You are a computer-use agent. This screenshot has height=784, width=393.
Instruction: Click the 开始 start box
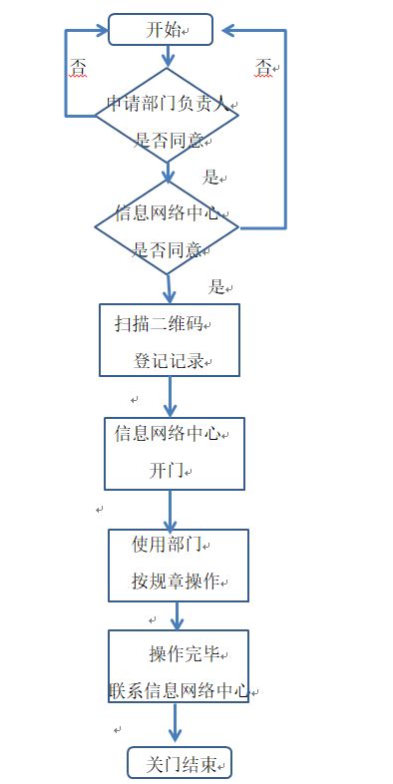pos(161,30)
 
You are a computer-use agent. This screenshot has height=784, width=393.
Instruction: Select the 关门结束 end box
pos(179,764)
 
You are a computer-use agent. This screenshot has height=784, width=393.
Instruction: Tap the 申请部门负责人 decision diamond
pos(167,121)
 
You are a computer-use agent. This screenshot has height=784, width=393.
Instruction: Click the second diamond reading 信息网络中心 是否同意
pos(167,229)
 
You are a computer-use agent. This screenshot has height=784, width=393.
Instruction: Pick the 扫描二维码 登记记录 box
pos(170,339)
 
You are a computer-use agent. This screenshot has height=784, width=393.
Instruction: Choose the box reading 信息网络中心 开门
pos(174,453)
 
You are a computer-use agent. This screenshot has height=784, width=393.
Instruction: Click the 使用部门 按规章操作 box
pos(178,565)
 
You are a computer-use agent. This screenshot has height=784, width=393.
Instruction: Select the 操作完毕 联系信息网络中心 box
pos(178,666)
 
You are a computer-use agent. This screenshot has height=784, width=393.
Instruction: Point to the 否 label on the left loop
pos(78,69)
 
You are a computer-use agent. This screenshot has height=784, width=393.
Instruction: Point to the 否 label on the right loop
pos(263,68)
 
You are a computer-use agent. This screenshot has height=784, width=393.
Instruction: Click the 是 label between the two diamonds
pos(210,178)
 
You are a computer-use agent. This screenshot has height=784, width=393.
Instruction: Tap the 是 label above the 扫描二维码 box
pos(216,287)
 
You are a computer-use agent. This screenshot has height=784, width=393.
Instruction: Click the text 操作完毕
pos(185,654)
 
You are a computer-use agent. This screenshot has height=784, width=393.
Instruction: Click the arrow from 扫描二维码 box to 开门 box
pos(171,396)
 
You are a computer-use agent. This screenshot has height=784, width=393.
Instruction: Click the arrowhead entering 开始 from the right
pos(230,30)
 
